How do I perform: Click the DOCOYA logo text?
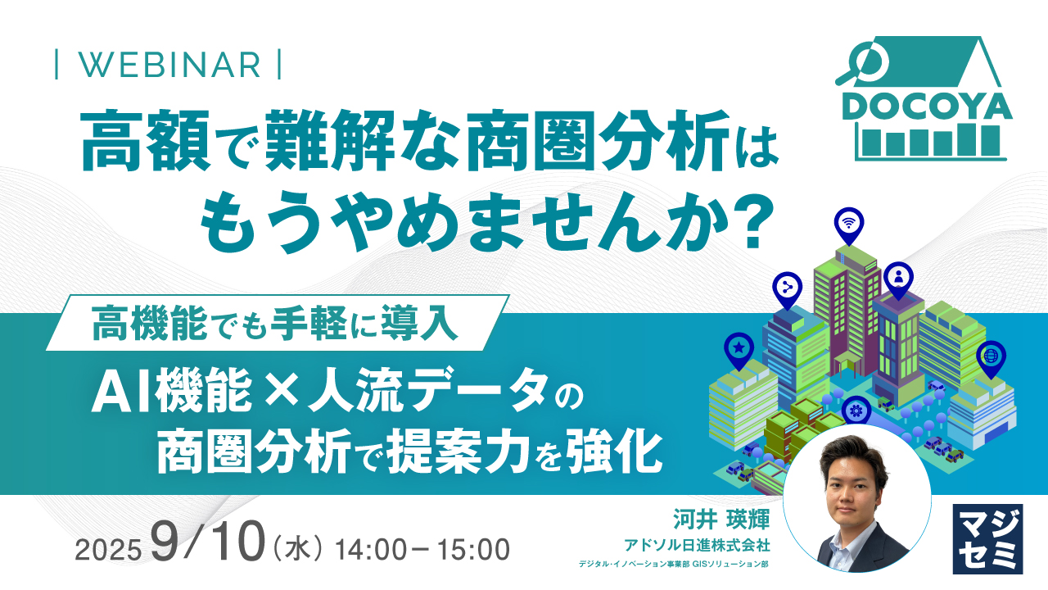(x=924, y=107)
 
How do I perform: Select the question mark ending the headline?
(x=748, y=221)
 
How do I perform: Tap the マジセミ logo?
(x=987, y=538)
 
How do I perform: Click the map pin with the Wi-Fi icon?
(x=849, y=223)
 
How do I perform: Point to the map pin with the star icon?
(x=739, y=348)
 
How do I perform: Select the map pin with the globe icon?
(x=992, y=356)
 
